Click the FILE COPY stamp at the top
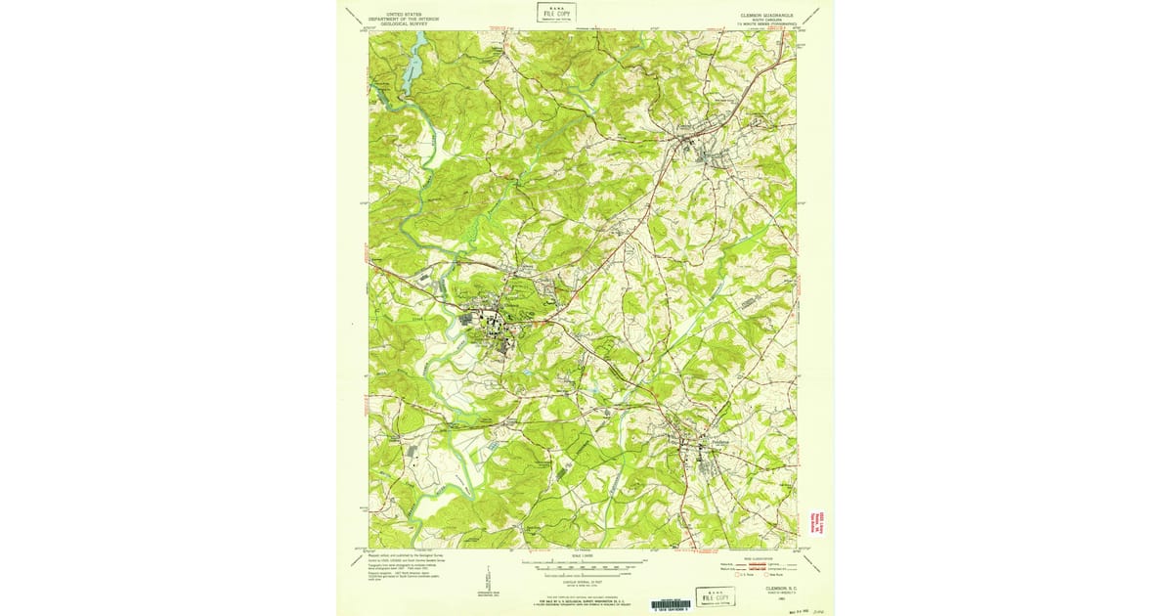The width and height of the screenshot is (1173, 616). click(556, 13)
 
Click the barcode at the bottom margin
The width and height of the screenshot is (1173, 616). click(670, 604)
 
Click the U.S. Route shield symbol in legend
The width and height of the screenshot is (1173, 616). click(739, 575)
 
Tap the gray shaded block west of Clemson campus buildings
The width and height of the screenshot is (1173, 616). click(466, 315)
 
